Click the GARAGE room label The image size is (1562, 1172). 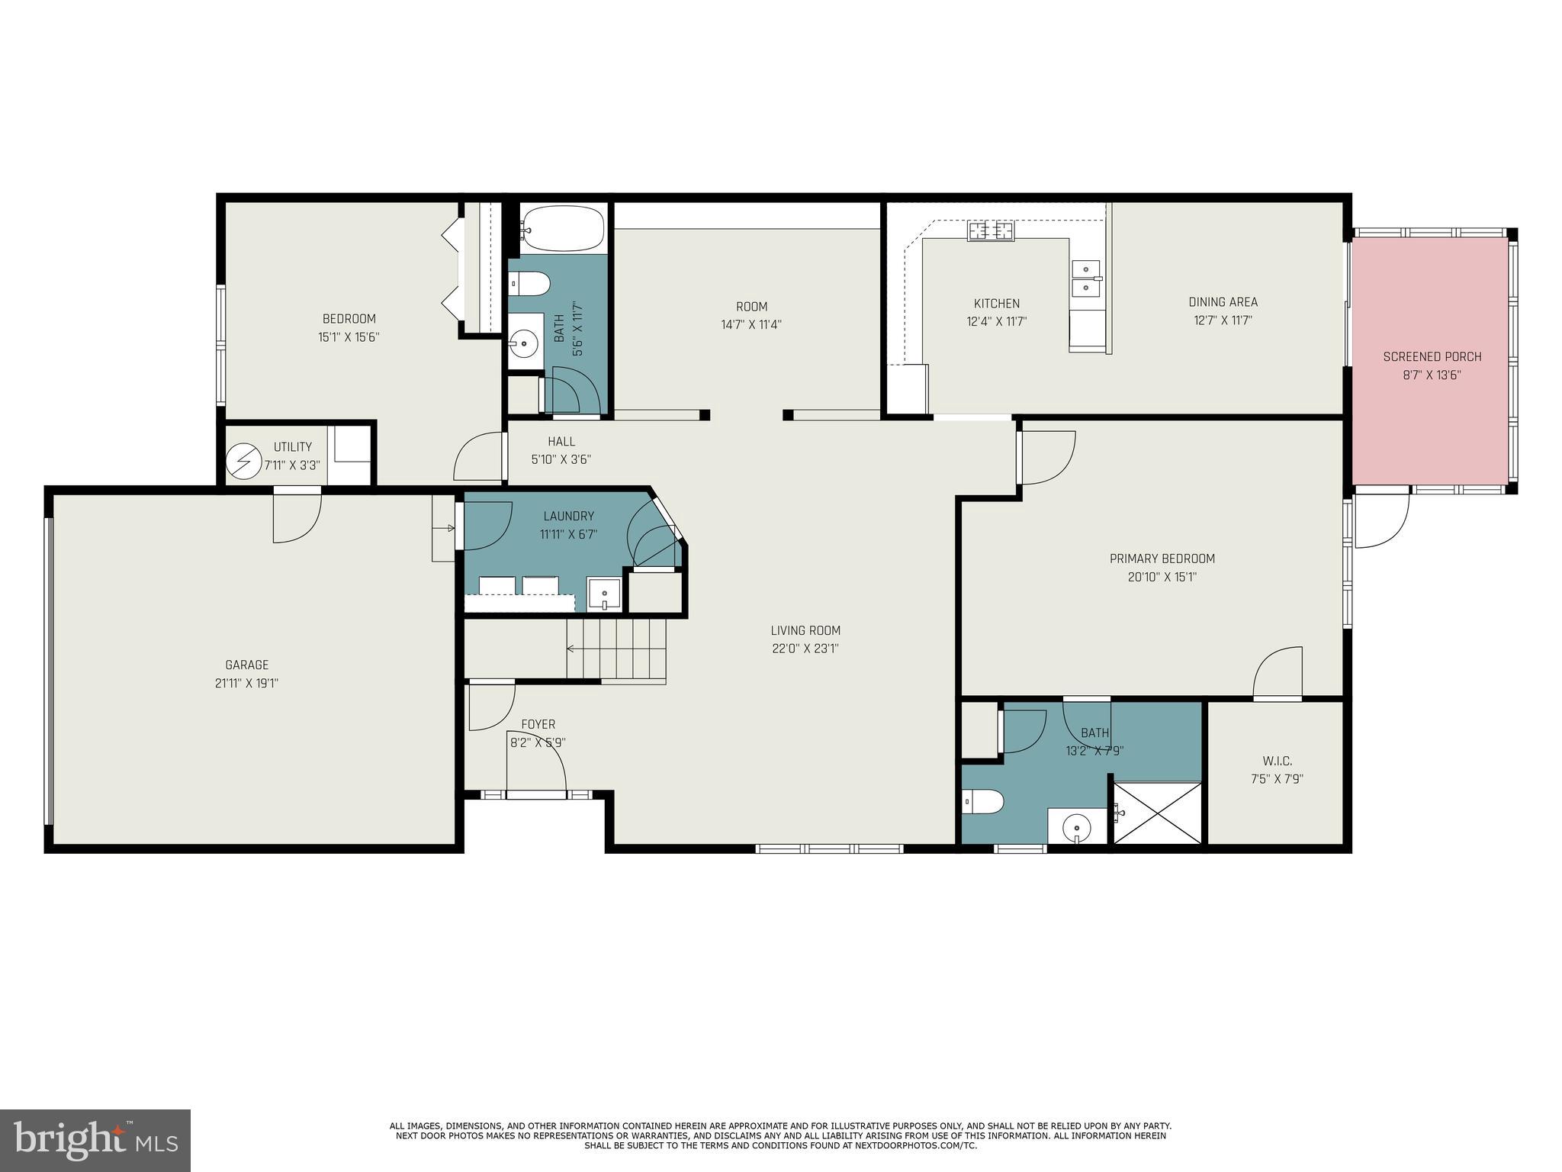[x=246, y=665]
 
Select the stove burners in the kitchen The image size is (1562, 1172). [x=991, y=230]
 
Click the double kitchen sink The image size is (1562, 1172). [x=1086, y=279]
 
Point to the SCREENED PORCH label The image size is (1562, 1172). [x=1432, y=356]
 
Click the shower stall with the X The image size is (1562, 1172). [x=1158, y=813]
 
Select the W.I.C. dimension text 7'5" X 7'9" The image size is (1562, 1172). [x=1277, y=779]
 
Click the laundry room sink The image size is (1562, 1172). [x=605, y=594]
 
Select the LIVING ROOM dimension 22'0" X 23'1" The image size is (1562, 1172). [x=805, y=649]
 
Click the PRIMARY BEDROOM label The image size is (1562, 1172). [x=1162, y=559]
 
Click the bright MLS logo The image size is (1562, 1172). [x=95, y=1140]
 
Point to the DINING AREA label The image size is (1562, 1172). [x=1223, y=302]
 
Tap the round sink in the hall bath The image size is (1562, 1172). [x=524, y=341]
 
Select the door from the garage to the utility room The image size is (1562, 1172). [x=297, y=516]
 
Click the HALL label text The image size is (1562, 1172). [x=561, y=441]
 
